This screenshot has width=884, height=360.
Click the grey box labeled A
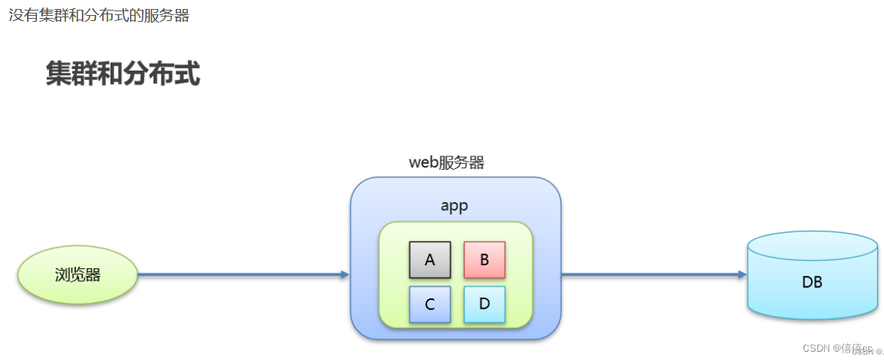tap(430, 260)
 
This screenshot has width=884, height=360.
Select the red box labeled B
tap(484, 260)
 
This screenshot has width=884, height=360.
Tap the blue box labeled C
tap(430, 304)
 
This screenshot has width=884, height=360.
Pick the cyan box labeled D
tap(484, 304)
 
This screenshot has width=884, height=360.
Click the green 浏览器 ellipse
tap(77, 275)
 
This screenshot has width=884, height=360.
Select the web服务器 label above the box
tap(447, 162)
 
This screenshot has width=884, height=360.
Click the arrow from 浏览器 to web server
tap(241, 275)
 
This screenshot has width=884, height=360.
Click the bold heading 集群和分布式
tap(123, 74)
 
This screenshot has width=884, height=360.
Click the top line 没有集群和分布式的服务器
tap(98, 16)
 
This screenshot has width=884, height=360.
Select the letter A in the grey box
tap(430, 260)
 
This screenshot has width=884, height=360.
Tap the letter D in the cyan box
tap(484, 304)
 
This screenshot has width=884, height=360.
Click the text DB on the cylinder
tap(812, 283)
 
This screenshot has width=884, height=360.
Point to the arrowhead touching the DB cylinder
tap(742, 275)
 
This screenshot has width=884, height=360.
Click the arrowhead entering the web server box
tap(345, 275)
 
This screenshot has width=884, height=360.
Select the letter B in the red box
tap(484, 260)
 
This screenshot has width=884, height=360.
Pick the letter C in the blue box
tap(430, 304)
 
